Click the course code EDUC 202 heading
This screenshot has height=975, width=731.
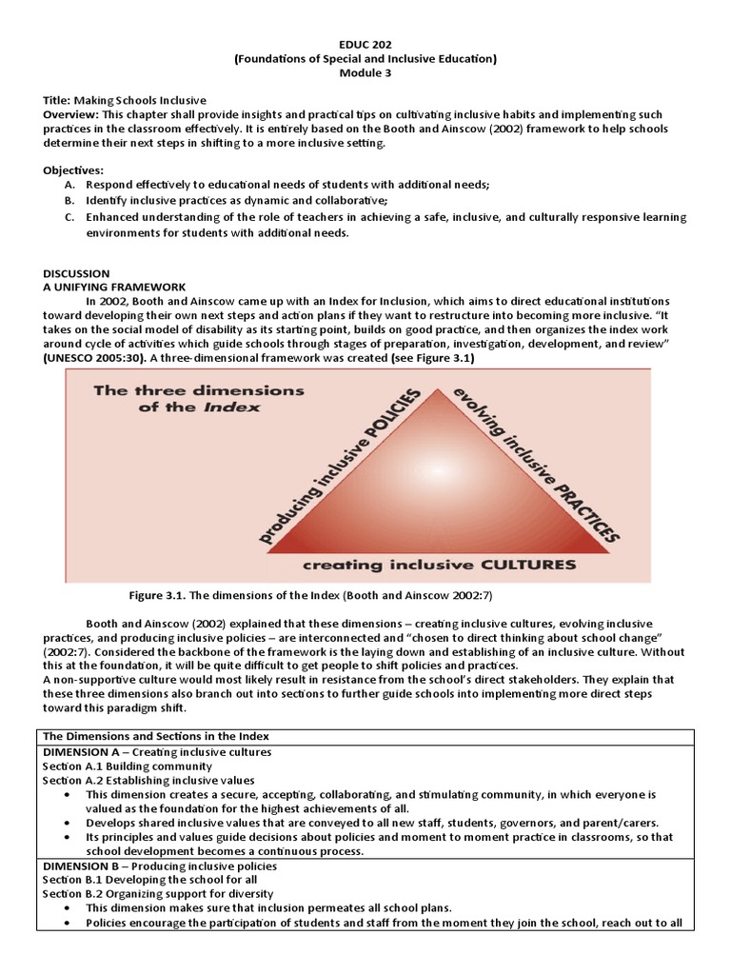(x=365, y=43)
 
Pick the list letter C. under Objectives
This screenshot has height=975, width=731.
(x=69, y=218)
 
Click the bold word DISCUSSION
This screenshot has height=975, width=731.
(x=76, y=273)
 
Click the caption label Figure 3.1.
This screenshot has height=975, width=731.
(x=156, y=596)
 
